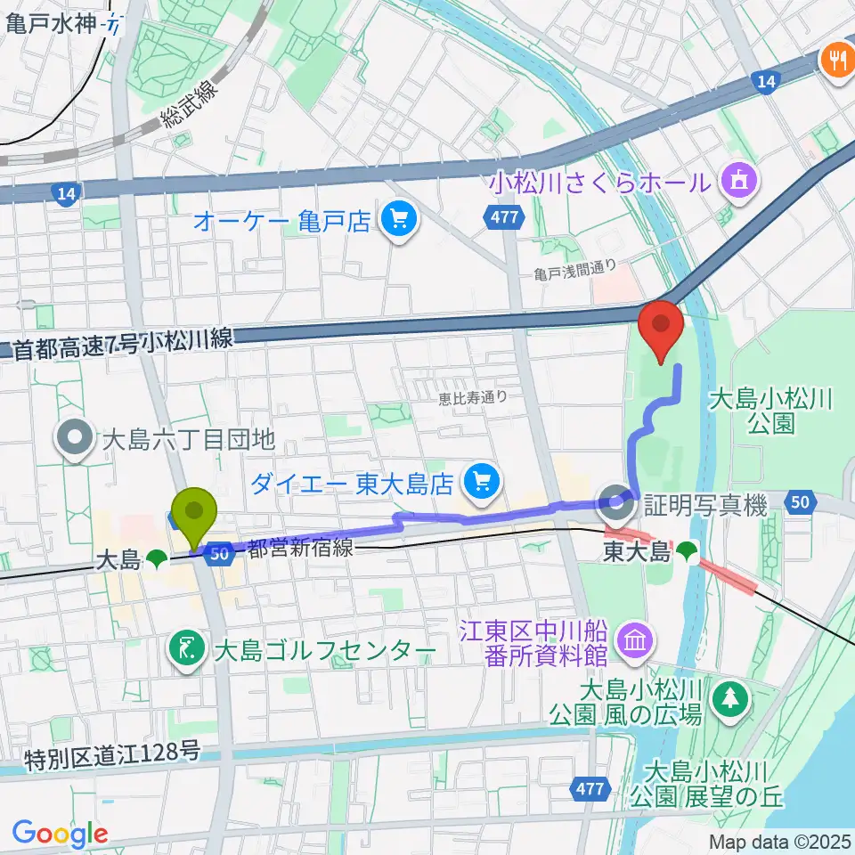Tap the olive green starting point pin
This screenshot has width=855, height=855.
[x=197, y=517]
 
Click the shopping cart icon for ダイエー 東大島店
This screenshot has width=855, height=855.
[x=482, y=483]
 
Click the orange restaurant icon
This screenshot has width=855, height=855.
[x=836, y=60]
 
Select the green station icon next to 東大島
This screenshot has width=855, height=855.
[x=686, y=553]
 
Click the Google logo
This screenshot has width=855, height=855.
[x=61, y=834]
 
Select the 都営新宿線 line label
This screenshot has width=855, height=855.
[x=300, y=550]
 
